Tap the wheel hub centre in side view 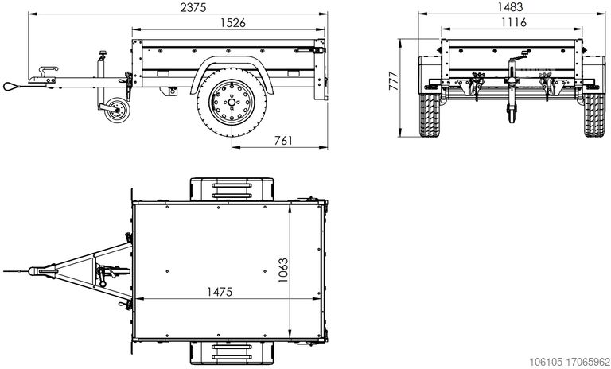coord(228,103)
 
